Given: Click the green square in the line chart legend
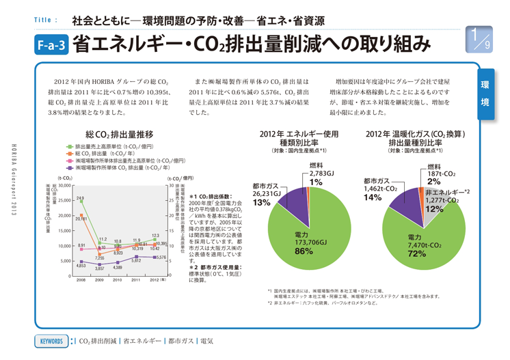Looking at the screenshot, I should point(69,147).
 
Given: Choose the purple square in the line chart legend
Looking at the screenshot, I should point(69,167).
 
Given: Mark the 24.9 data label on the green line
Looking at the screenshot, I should point(80,197).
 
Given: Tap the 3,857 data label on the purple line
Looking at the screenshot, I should point(99,269).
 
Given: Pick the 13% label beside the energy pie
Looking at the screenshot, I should point(262,203).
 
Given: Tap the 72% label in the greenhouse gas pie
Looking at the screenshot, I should point(417,253).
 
